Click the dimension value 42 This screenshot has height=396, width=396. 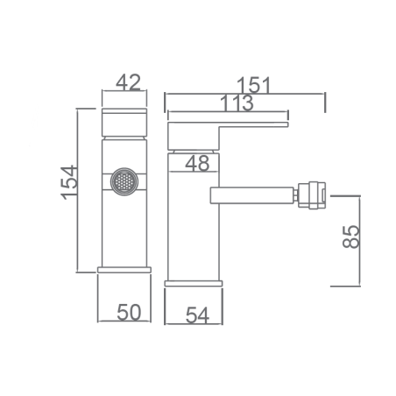pyautogui.click(x=128, y=82)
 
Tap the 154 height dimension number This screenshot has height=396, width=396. pyautogui.click(x=69, y=183)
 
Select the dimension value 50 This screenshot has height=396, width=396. pyautogui.click(x=129, y=312)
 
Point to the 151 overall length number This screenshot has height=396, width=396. pyautogui.click(x=254, y=85)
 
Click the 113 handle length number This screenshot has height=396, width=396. pyautogui.click(x=237, y=103)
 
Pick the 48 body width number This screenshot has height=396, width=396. pyautogui.click(x=197, y=163)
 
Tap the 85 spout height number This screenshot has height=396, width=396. pyautogui.click(x=350, y=237)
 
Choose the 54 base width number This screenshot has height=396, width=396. pyautogui.click(x=198, y=315)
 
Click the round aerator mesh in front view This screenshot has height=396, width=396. pyautogui.click(x=124, y=181)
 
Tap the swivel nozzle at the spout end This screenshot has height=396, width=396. pyautogui.click(x=312, y=195)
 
